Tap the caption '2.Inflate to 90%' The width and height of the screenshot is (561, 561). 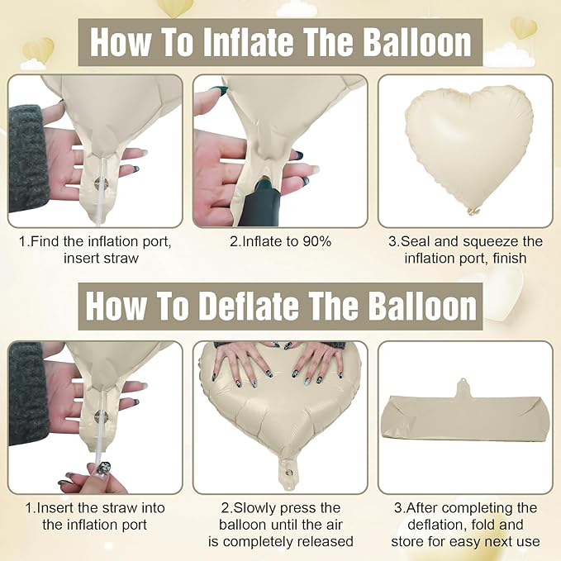280,241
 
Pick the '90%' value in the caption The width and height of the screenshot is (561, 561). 316,241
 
